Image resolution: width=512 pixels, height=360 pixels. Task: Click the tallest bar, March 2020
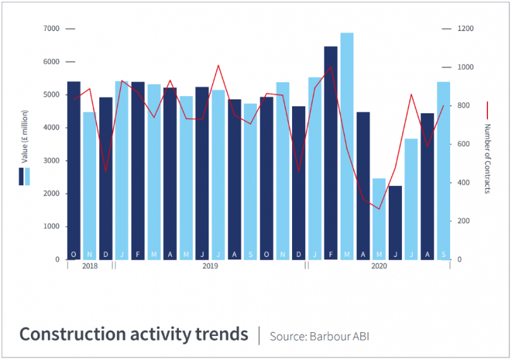347,146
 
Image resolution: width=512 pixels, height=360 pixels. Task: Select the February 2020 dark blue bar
331,152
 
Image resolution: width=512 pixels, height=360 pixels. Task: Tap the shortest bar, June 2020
395,221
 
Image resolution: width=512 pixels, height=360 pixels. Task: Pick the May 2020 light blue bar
379,218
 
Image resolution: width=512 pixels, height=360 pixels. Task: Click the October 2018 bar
73,171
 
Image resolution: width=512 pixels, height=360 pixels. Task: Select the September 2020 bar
443,171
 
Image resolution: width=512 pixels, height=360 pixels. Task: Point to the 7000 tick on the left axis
52,29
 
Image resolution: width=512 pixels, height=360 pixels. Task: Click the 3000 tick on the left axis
52,161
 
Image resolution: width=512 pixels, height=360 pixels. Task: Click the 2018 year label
90,266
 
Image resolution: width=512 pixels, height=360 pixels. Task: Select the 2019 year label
210,266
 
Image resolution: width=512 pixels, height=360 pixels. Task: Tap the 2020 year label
379,266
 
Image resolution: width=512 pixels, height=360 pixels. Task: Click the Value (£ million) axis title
25,138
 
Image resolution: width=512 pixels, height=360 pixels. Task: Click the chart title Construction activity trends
133,334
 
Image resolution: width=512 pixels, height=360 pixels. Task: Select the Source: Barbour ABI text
319,336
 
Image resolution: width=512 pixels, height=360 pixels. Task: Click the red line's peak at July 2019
218,65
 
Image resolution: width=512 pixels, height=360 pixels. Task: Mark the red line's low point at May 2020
379,209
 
